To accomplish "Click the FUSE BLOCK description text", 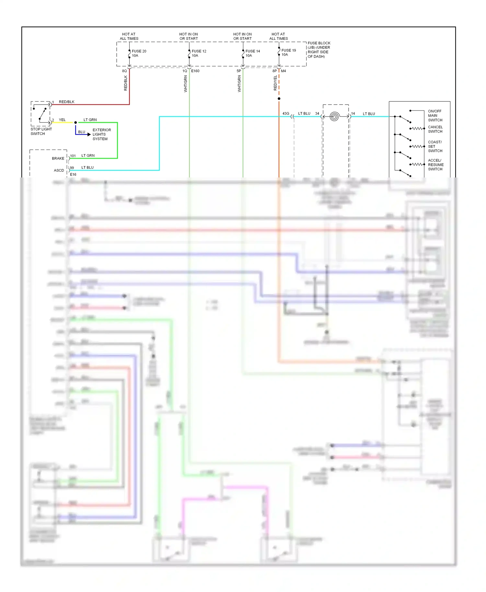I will coord(319,50).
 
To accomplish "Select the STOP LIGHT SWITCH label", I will coord(41,131).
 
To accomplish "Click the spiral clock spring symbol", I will coord(334,116).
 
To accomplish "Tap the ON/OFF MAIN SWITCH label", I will coord(435,115).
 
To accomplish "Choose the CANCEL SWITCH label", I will coord(435,129).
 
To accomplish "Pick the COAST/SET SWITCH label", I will coord(435,146).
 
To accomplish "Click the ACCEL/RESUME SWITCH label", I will coord(435,165).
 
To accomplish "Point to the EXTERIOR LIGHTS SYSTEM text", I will coord(101,134).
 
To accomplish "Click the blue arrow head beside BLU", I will coord(89,134).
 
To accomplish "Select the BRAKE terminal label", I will coord(58,158).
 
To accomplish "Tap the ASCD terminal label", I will coord(59,170).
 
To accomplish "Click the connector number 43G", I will coord(285,113).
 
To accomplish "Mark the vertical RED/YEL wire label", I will coord(275,83).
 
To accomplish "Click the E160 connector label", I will coord(195,71).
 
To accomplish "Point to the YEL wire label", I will coord(62,120).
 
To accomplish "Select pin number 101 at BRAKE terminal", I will coord(73,156).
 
